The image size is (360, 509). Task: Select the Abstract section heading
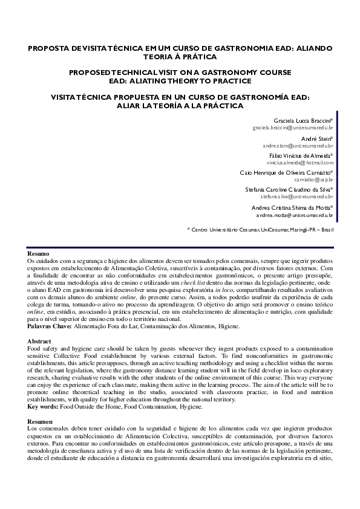(40, 342)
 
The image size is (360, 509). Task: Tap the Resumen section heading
(40, 421)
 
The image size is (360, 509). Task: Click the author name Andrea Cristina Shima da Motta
(291, 207)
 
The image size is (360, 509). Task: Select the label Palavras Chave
(49, 326)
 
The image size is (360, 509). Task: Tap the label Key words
(43, 407)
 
